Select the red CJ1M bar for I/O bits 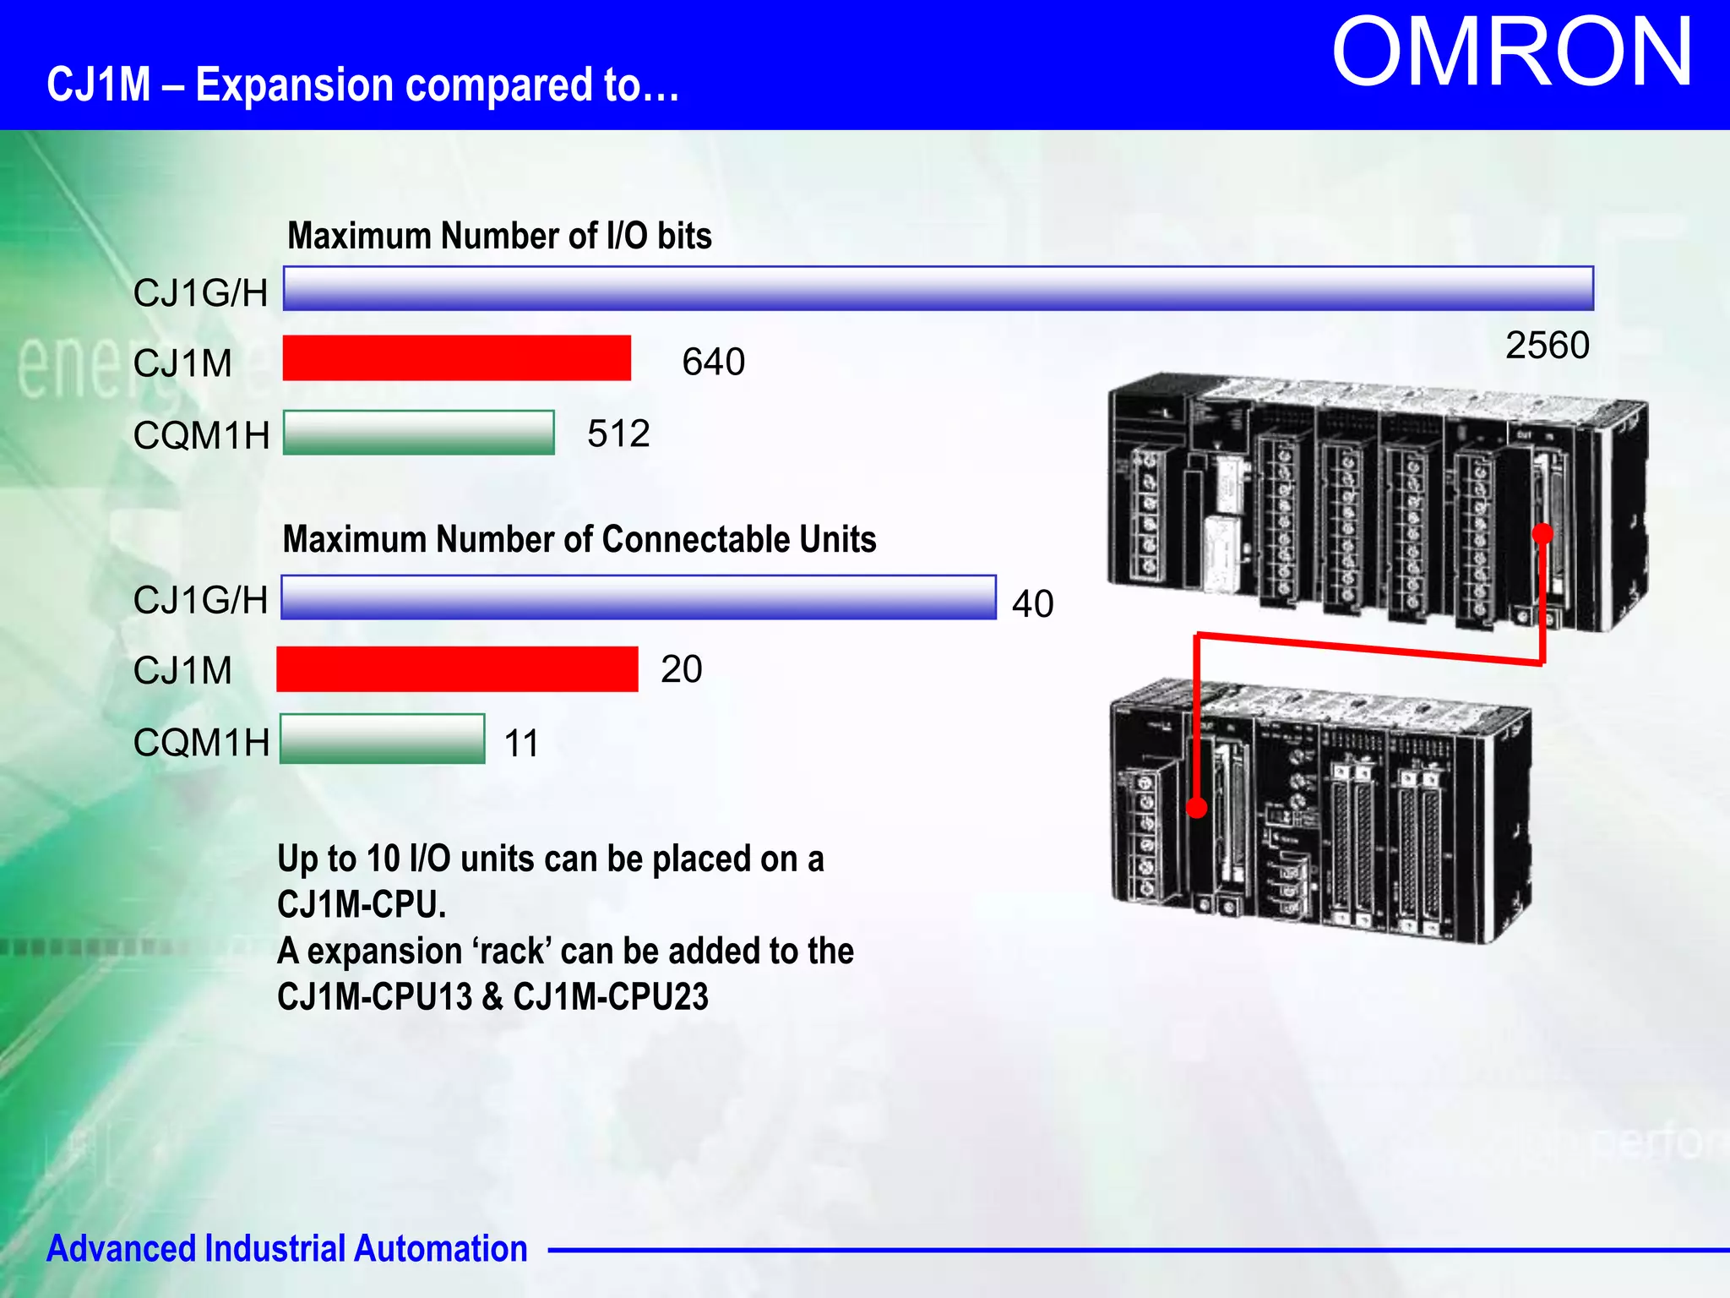tap(456, 358)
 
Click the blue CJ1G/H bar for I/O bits tap(938, 289)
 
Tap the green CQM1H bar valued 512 tap(418, 433)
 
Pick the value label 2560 tap(1547, 346)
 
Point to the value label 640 tap(713, 362)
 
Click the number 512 tap(618, 434)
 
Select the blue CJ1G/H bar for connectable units tap(638, 597)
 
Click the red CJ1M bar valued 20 tap(457, 669)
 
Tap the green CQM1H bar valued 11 tap(382, 739)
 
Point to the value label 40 tap(1032, 604)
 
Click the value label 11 tap(521, 744)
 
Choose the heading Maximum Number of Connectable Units tap(579, 539)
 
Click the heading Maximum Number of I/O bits tap(499, 236)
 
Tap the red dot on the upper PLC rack tap(1542, 533)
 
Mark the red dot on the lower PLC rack tap(1197, 808)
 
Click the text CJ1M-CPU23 tap(611, 997)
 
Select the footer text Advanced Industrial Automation tap(286, 1249)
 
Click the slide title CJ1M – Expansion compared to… tap(363, 85)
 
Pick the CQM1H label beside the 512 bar tap(201, 436)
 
